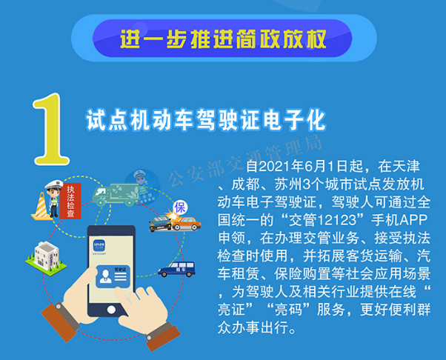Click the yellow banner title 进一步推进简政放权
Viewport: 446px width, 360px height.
pyautogui.click(x=223, y=39)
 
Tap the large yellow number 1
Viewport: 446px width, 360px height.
pyautogui.click(x=50, y=129)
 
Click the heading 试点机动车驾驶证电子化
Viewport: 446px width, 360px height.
pyautogui.click(x=206, y=120)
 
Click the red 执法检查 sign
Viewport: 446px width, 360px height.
pyautogui.click(x=70, y=201)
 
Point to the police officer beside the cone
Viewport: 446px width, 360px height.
pyautogui.click(x=53, y=199)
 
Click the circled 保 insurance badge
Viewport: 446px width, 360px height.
pyautogui.click(x=180, y=207)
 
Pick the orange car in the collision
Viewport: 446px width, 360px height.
pyautogui.click(x=186, y=223)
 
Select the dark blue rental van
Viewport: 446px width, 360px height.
pyautogui.click(x=176, y=269)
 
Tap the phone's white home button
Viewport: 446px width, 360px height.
pyautogui.click(x=111, y=310)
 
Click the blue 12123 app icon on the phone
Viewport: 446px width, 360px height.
pyautogui.click(x=99, y=246)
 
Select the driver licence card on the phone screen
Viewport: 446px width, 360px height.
pyautogui.click(x=113, y=276)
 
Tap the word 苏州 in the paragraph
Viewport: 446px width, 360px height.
pyautogui.click(x=288, y=184)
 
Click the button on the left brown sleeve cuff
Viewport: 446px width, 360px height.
pyautogui.click(x=59, y=307)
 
